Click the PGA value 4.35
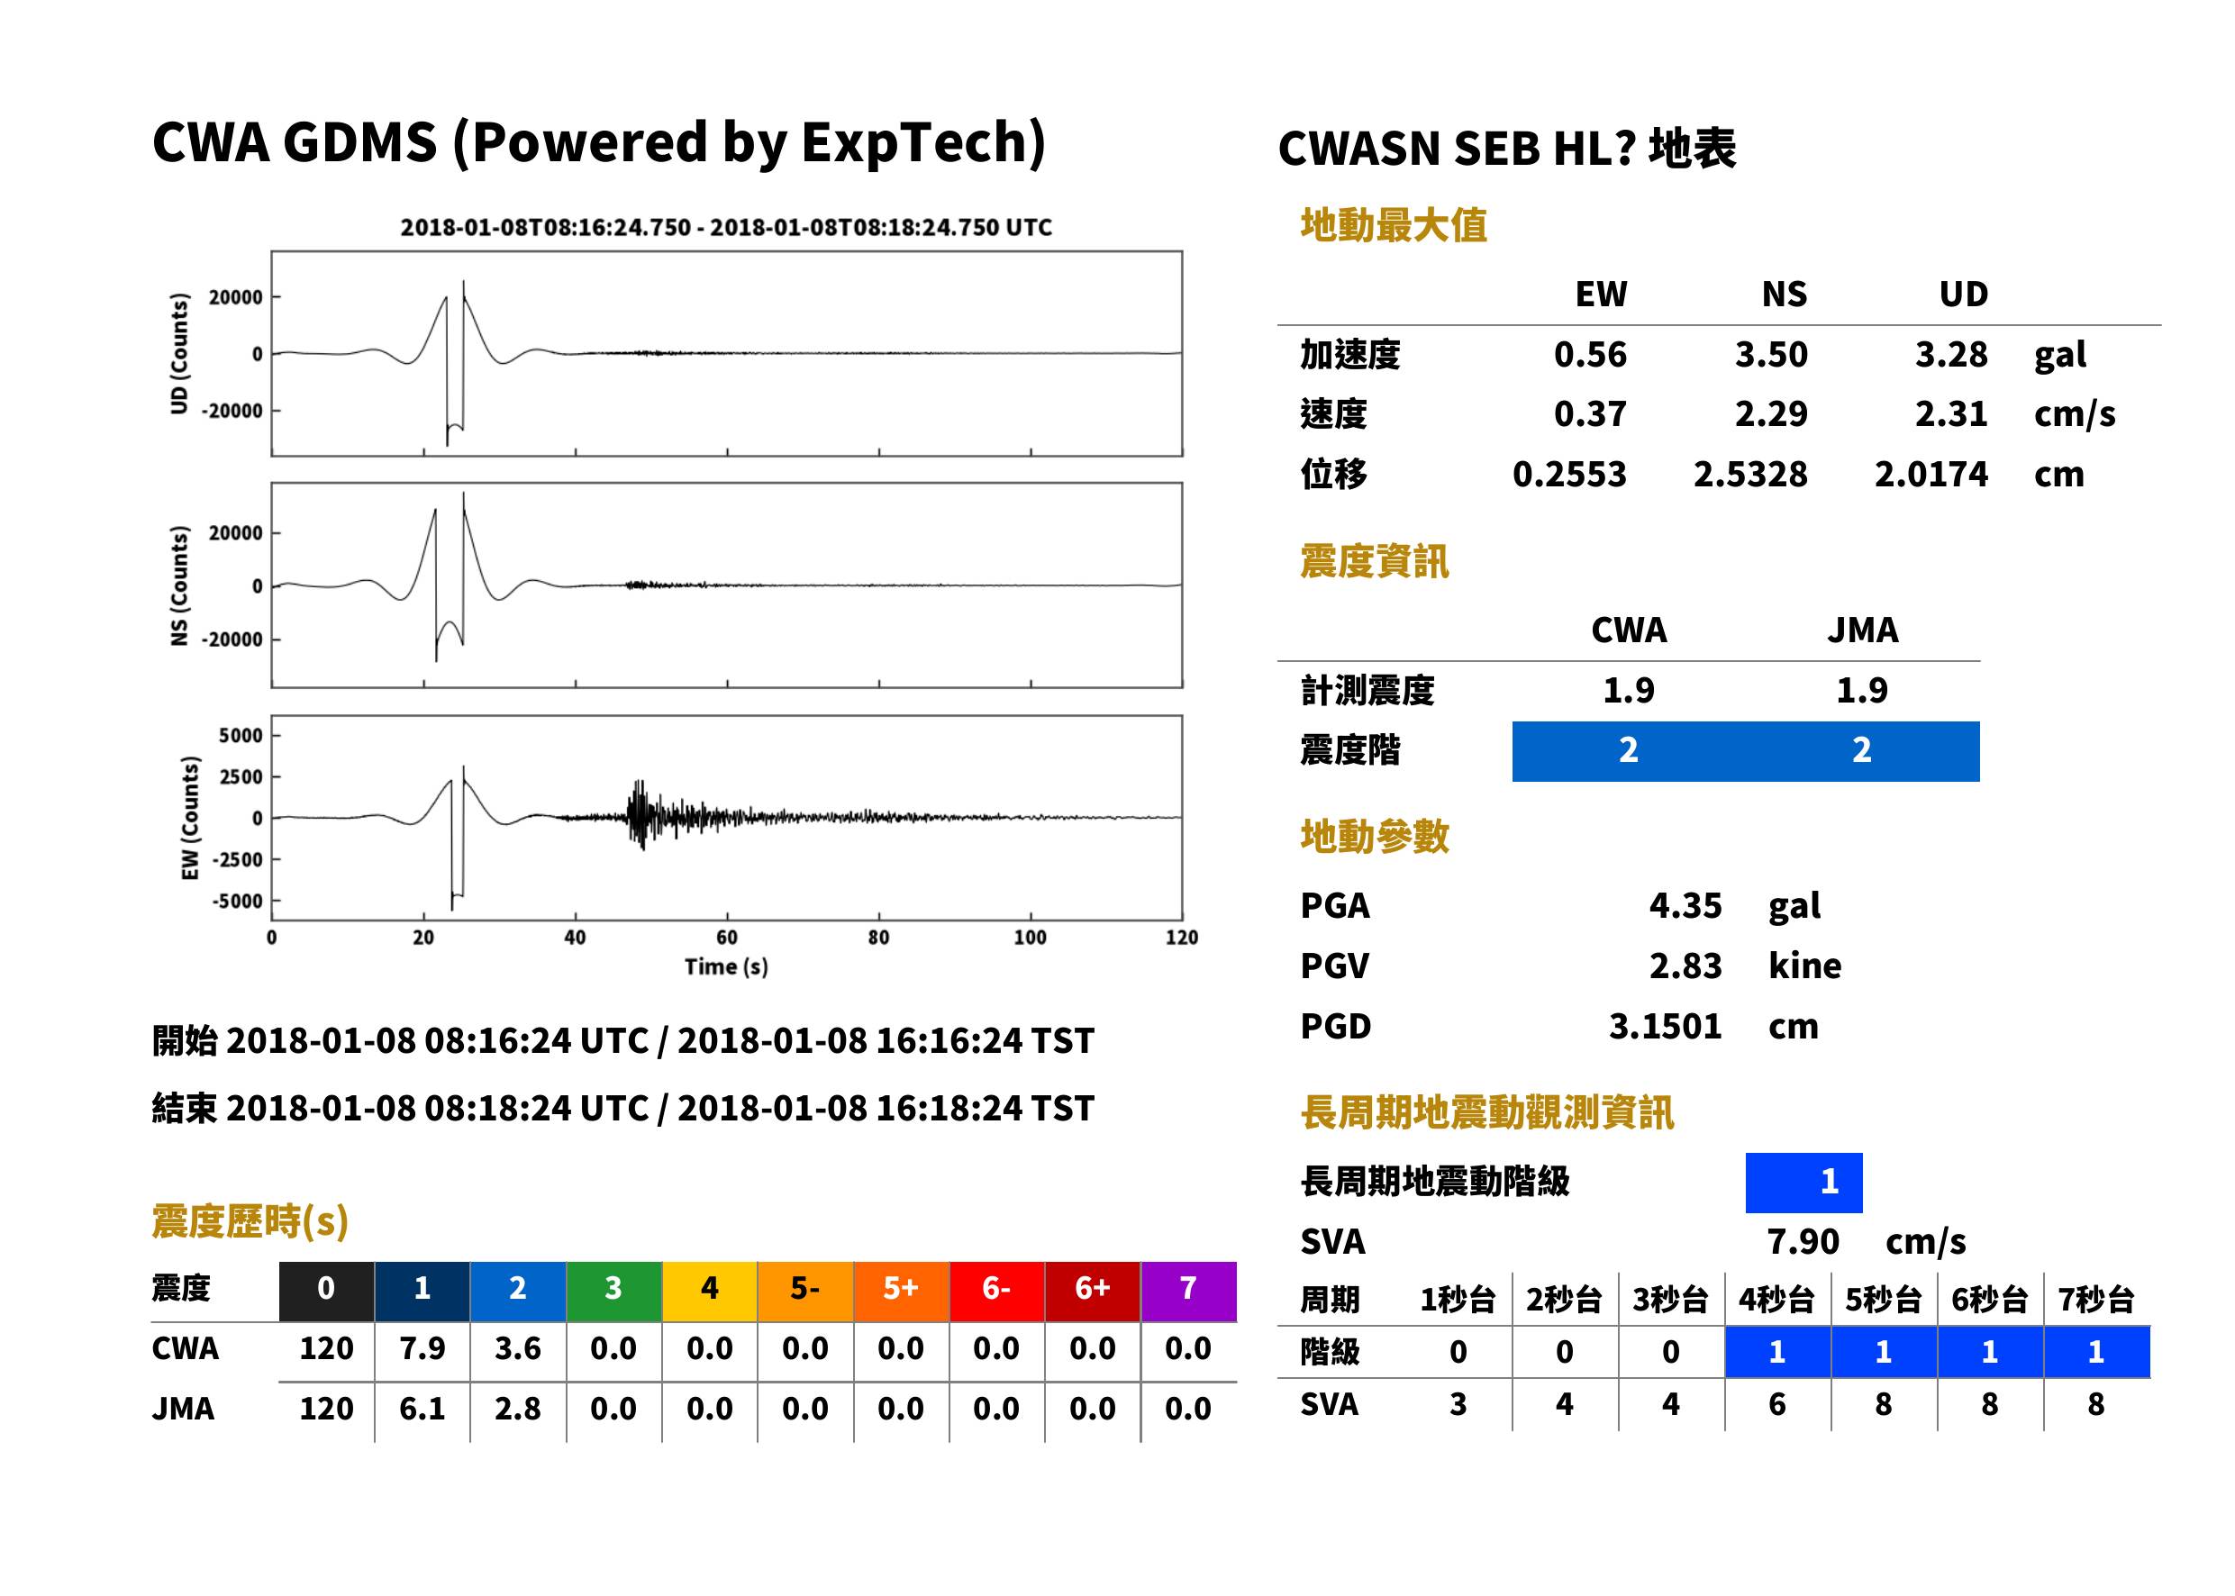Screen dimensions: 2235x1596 coord(1685,905)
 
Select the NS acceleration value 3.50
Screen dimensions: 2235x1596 coord(1770,354)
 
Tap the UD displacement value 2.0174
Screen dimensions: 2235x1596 coord(1931,474)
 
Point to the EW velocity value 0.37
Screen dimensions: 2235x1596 coord(1589,413)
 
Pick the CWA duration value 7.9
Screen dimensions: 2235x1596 coord(422,1348)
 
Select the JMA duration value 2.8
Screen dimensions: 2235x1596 coord(517,1409)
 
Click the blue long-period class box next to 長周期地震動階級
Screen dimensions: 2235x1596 coord(1803,1183)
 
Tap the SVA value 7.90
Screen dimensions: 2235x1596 coord(1803,1241)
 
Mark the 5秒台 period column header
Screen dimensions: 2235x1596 coord(1883,1299)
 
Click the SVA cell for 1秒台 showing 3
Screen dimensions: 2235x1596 coord(1458,1403)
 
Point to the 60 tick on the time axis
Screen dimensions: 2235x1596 coord(726,938)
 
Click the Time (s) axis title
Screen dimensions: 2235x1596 coord(726,967)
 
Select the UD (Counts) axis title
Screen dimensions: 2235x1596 coord(179,353)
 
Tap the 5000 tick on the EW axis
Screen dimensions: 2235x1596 coord(241,735)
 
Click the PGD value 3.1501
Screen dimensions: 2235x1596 coord(1665,1026)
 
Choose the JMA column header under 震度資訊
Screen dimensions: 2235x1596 coord(1863,629)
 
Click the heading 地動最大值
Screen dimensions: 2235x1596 coord(1394,225)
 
